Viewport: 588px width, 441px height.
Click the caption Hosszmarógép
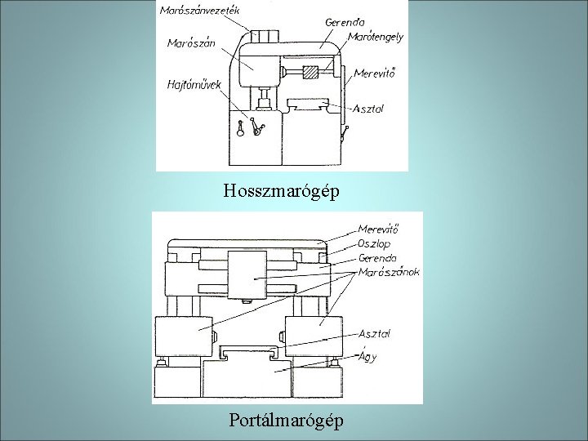pyautogui.click(x=282, y=193)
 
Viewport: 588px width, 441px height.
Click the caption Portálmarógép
pyautogui.click(x=286, y=421)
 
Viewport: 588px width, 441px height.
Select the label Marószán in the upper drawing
pyautogui.click(x=191, y=44)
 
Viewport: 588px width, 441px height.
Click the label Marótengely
pyautogui.click(x=375, y=38)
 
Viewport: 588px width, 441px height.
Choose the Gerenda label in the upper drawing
pyautogui.click(x=344, y=21)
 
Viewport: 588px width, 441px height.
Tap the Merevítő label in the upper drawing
pyautogui.click(x=375, y=74)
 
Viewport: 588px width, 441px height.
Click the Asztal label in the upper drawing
pyautogui.click(x=369, y=108)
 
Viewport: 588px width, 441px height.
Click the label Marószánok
pyautogui.click(x=390, y=273)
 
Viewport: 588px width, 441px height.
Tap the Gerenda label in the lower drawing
pyautogui.click(x=379, y=257)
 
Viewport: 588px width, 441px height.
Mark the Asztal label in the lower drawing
pyautogui.click(x=375, y=333)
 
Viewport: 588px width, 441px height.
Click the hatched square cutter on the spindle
pyautogui.click(x=310, y=73)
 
